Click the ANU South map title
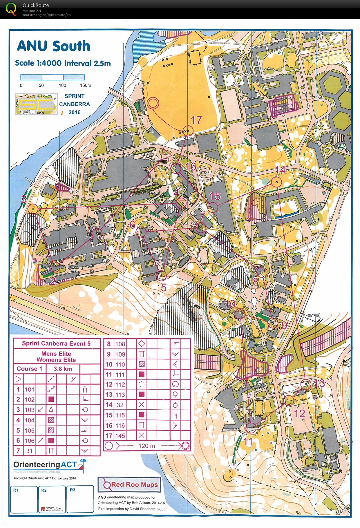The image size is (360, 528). click(x=53, y=46)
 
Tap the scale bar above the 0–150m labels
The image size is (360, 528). click(x=53, y=77)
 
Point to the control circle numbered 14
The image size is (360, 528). click(x=276, y=182)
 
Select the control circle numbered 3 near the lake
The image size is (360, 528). click(x=33, y=208)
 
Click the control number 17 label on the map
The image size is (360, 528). click(x=196, y=120)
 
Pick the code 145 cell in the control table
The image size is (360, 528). click(x=120, y=435)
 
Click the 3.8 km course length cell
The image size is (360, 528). click(x=63, y=369)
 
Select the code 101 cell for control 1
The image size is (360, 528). click(x=30, y=389)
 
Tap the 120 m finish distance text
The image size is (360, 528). click(x=147, y=446)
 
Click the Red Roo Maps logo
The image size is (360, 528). click(x=129, y=485)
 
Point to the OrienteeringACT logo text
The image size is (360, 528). click(x=45, y=464)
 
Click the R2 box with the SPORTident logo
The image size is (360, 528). click(x=52, y=499)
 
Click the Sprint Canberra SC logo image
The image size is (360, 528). click(x=36, y=104)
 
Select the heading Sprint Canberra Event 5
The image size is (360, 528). click(x=56, y=343)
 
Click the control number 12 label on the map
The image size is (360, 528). click(x=300, y=413)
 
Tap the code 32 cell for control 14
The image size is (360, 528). click(x=120, y=405)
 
